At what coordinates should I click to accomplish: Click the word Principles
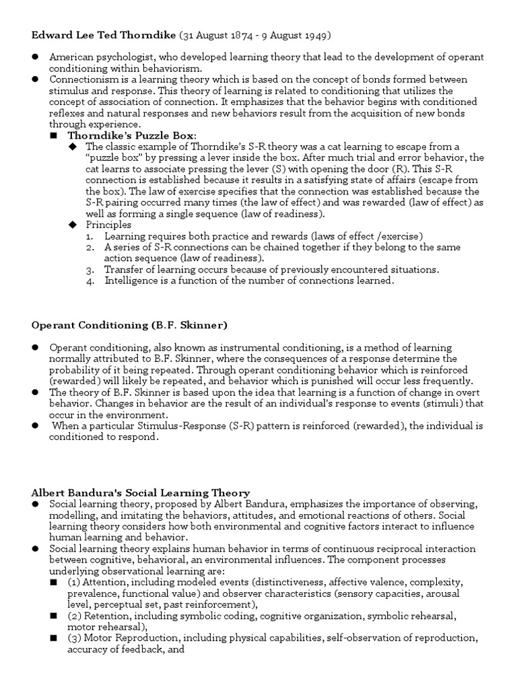point(108,225)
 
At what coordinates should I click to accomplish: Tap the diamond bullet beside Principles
point(73,225)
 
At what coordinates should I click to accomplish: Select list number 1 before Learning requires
point(91,236)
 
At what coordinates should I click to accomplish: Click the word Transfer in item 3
point(124,269)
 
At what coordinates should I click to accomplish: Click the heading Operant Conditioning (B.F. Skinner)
point(129,325)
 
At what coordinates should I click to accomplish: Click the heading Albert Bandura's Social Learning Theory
point(141,493)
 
